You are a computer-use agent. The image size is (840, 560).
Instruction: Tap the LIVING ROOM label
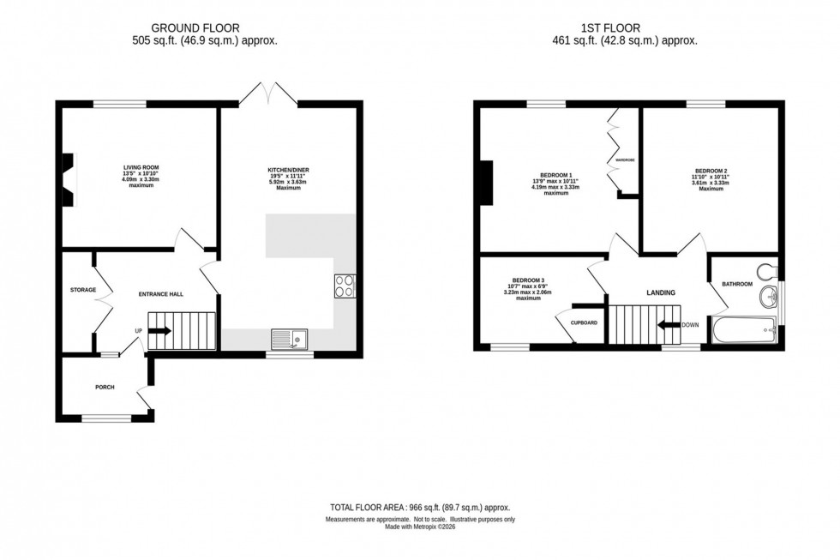pyautogui.click(x=141, y=167)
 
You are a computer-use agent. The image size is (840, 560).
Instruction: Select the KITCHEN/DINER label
pyautogui.click(x=288, y=171)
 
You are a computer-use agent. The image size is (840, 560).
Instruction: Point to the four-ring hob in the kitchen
pyautogui.click(x=345, y=286)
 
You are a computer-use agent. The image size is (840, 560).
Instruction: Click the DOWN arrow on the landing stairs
pyautogui.click(x=669, y=325)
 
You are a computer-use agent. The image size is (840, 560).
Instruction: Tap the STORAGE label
pyautogui.click(x=82, y=290)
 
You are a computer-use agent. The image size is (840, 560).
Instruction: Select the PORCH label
pyautogui.click(x=105, y=387)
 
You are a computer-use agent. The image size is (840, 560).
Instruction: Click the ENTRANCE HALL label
pyautogui.click(x=161, y=294)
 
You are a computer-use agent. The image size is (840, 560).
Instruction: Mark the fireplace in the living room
pyautogui.click(x=68, y=180)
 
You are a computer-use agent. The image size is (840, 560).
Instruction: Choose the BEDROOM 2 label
pyautogui.click(x=711, y=172)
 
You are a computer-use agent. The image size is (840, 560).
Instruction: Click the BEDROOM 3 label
pyautogui.click(x=528, y=280)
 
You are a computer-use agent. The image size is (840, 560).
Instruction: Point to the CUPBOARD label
pyautogui.click(x=584, y=322)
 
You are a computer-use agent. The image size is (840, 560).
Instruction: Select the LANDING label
pyautogui.click(x=661, y=292)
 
